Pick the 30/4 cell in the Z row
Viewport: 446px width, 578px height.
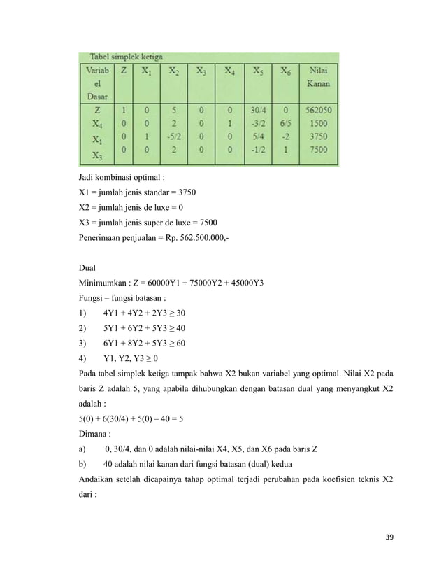259,110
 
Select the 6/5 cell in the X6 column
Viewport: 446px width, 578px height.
286,123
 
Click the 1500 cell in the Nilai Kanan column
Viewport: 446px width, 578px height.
320,123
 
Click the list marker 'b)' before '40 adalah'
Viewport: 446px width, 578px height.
84,465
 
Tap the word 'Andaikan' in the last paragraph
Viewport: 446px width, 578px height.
99,481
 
